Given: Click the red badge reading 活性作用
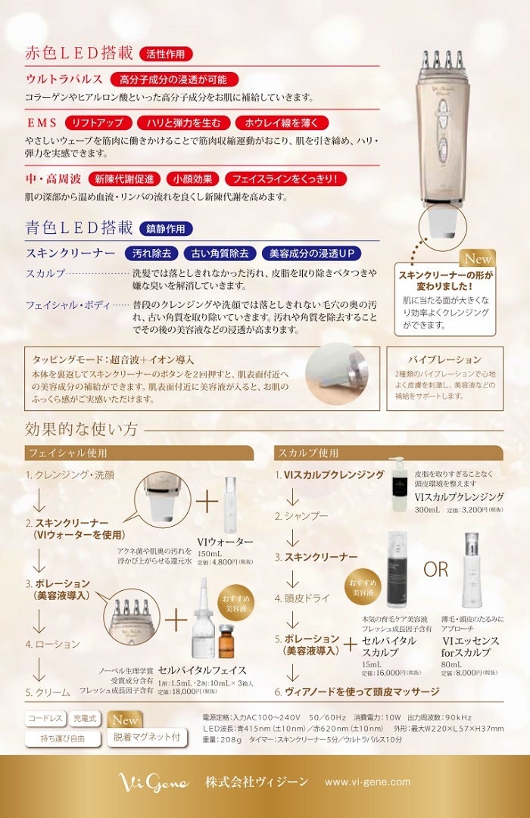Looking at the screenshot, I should click(x=166, y=54).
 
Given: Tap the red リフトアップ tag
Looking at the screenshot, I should click(x=98, y=123).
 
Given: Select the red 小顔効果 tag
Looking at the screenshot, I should click(x=192, y=179).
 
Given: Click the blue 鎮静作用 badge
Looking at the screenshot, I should click(x=166, y=229).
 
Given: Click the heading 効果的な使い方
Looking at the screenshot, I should click(x=81, y=429).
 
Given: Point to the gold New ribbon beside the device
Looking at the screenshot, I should click(x=478, y=258).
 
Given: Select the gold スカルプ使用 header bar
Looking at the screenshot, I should click(x=388, y=453).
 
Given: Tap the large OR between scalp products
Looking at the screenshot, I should click(x=435, y=569).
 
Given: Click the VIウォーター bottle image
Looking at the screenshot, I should click(x=230, y=505).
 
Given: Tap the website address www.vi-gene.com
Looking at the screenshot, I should click(x=367, y=782).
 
